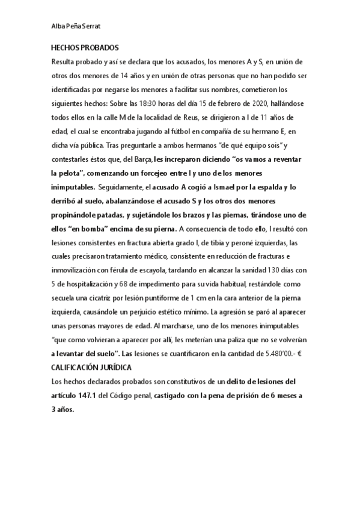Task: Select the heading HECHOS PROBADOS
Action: (x=85, y=47)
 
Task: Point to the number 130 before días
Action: (x=255, y=270)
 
